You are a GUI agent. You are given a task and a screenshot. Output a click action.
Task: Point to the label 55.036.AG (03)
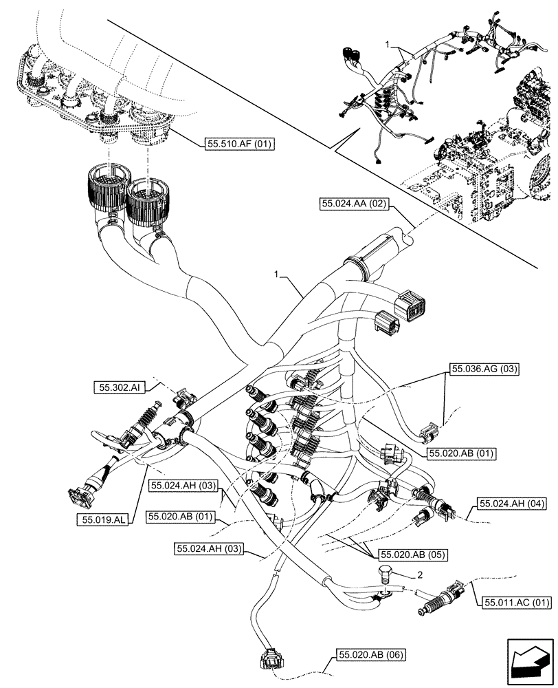(484, 369)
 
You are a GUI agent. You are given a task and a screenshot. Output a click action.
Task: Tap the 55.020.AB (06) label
(370, 654)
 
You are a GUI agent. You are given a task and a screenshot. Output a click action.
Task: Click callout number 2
(419, 573)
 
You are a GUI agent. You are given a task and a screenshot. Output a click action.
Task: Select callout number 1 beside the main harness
(278, 274)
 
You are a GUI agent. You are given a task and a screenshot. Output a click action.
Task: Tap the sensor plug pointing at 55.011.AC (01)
(440, 597)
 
